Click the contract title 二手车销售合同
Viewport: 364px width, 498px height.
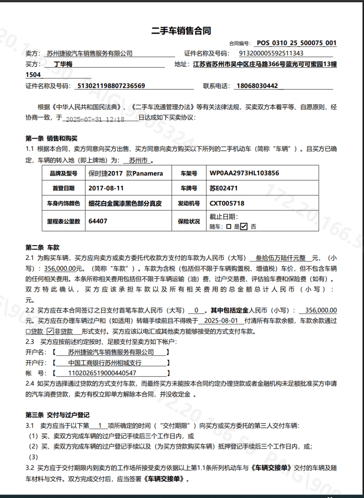(x=181, y=31)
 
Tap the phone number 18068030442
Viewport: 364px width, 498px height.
(x=256, y=86)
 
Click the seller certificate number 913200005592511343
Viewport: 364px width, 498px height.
(x=271, y=54)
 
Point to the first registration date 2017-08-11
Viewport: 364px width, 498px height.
(x=106, y=188)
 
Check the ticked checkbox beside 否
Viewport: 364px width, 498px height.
(x=244, y=226)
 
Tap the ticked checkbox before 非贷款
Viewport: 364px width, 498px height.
(x=49, y=332)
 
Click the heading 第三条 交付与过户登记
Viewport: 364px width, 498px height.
(x=58, y=415)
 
